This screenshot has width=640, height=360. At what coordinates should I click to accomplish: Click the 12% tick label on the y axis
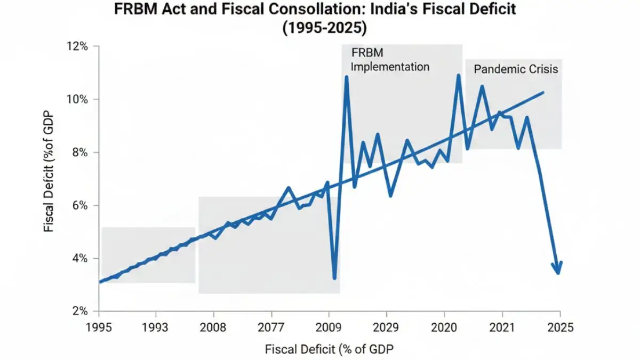click(x=77, y=47)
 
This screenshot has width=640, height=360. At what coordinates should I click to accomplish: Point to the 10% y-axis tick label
click(x=77, y=100)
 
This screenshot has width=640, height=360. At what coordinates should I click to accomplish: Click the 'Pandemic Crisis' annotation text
click(x=516, y=69)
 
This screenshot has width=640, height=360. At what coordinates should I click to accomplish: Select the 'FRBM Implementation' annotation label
click(x=389, y=60)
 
